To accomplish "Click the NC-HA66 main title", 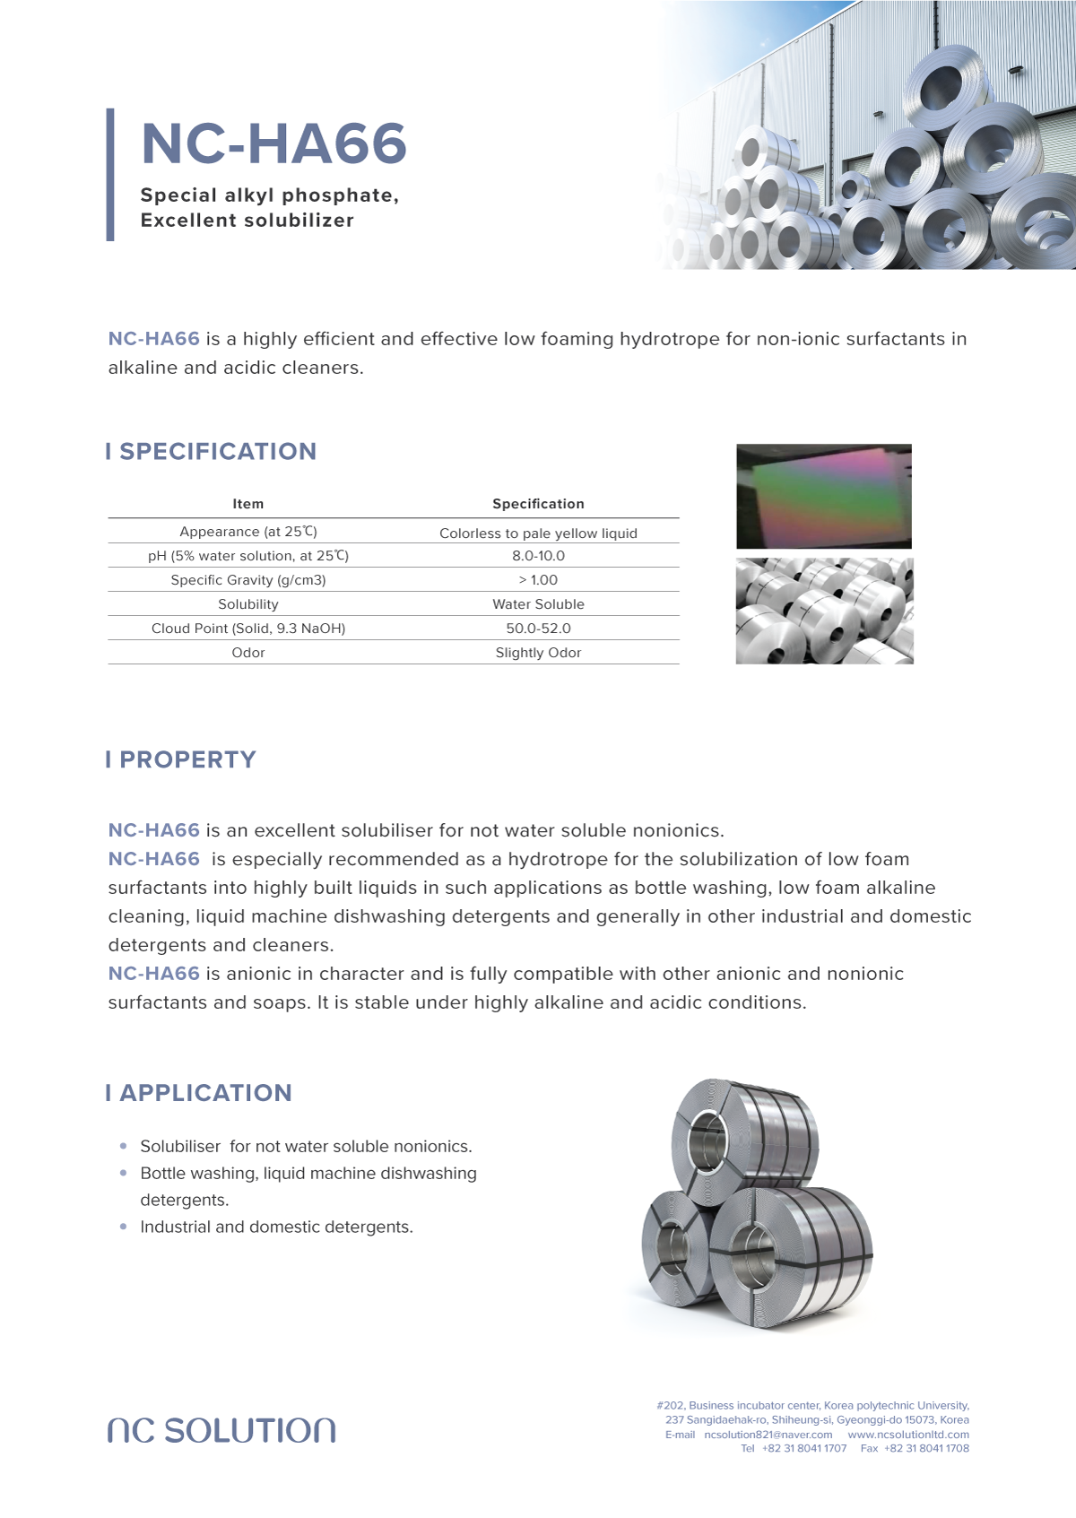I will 273,143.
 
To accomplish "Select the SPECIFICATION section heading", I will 218,451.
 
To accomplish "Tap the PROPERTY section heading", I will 187,759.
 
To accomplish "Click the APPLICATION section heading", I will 205,1093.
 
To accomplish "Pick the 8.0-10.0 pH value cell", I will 538,556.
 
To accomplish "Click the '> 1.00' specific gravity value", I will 538,580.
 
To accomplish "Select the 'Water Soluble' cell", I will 538,604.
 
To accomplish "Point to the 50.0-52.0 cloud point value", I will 538,629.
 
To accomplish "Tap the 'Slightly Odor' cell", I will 538,653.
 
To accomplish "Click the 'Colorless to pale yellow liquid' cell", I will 538,533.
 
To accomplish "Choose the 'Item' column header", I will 248,504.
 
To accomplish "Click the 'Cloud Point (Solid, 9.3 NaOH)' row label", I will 248,629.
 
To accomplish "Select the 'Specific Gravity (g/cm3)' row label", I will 248,580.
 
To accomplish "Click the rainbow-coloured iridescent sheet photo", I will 823,496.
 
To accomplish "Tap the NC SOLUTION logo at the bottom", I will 221,1430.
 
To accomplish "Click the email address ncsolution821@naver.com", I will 768,1435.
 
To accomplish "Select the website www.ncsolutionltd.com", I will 908,1435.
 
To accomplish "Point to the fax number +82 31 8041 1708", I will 926,1448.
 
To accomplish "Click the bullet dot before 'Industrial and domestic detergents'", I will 123,1227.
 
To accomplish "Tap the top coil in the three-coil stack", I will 744,1139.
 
